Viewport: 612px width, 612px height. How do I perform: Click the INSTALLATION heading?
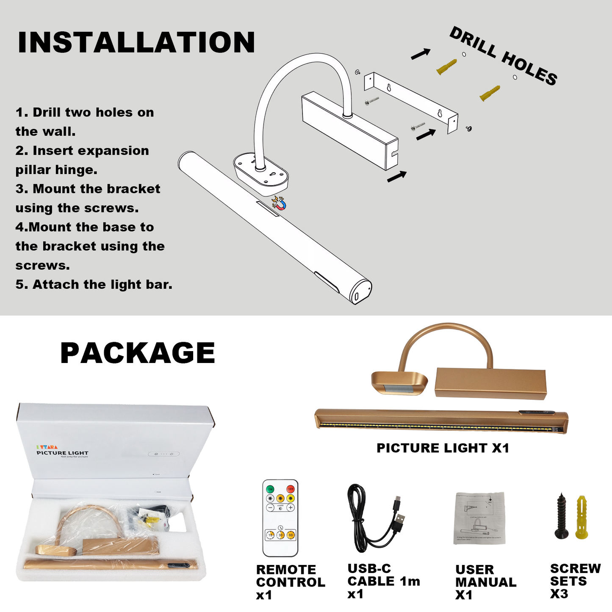(136, 42)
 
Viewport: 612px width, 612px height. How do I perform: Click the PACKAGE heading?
(138, 353)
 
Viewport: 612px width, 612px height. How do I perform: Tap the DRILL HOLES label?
(503, 56)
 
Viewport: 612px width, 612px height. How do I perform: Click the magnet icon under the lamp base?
(279, 203)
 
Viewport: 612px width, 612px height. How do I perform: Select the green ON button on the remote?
(270, 489)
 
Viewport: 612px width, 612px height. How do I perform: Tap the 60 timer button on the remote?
(291, 535)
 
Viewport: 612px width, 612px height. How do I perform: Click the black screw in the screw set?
(562, 516)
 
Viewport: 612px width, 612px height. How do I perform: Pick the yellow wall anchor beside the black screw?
(582, 517)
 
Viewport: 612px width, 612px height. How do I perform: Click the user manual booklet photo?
(479, 518)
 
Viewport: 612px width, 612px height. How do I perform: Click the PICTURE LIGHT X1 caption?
(443, 448)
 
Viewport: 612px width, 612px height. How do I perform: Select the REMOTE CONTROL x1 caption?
(290, 582)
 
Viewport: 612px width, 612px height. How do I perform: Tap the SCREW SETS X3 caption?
(575, 581)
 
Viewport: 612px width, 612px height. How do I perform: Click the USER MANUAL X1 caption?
(485, 582)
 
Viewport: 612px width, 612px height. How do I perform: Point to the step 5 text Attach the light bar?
(94, 285)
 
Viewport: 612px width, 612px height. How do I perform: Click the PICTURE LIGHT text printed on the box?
(62, 453)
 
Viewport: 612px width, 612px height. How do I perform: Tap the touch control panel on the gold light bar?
(537, 413)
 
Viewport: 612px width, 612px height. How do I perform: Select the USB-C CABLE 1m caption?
(383, 581)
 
